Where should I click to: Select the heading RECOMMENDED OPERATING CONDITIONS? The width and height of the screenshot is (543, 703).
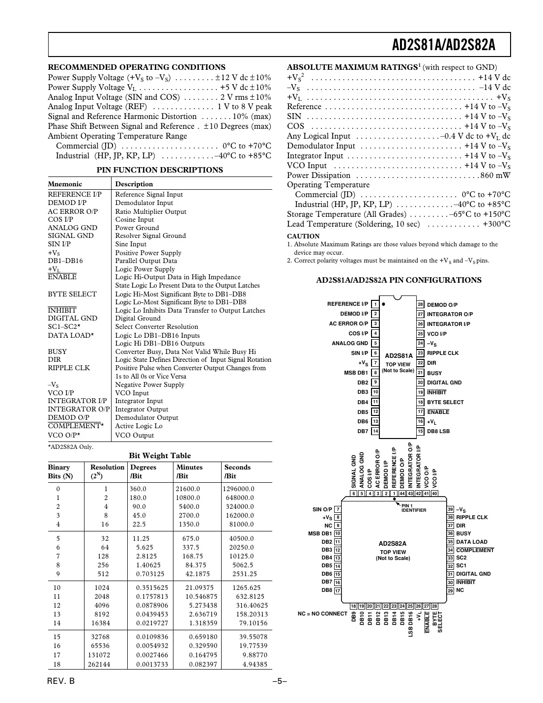click(137, 67)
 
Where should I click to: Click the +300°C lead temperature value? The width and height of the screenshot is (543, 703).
click(496, 224)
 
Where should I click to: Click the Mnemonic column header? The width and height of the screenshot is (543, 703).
click(65, 184)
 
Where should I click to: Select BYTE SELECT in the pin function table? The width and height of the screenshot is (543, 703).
click(72, 294)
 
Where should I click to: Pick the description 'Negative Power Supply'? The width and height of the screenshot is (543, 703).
click(149, 385)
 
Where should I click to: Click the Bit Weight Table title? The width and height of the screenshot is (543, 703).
click(160, 456)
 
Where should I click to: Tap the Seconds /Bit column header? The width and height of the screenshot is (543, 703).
click(237, 472)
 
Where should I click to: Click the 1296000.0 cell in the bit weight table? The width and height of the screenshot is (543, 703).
click(238, 489)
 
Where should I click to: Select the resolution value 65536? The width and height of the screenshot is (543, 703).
click(100, 646)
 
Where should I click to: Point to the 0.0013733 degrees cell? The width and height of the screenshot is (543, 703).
click(152, 665)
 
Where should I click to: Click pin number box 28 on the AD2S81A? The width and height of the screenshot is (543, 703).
click(420, 305)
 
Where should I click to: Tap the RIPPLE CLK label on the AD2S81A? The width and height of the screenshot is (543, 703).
click(442, 353)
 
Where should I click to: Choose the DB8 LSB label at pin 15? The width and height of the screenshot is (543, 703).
click(438, 432)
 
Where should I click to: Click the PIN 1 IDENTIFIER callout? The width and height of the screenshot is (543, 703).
click(413, 508)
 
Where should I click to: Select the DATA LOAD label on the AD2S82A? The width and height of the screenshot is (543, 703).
click(471, 542)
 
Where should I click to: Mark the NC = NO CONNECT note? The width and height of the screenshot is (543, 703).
click(322, 614)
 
